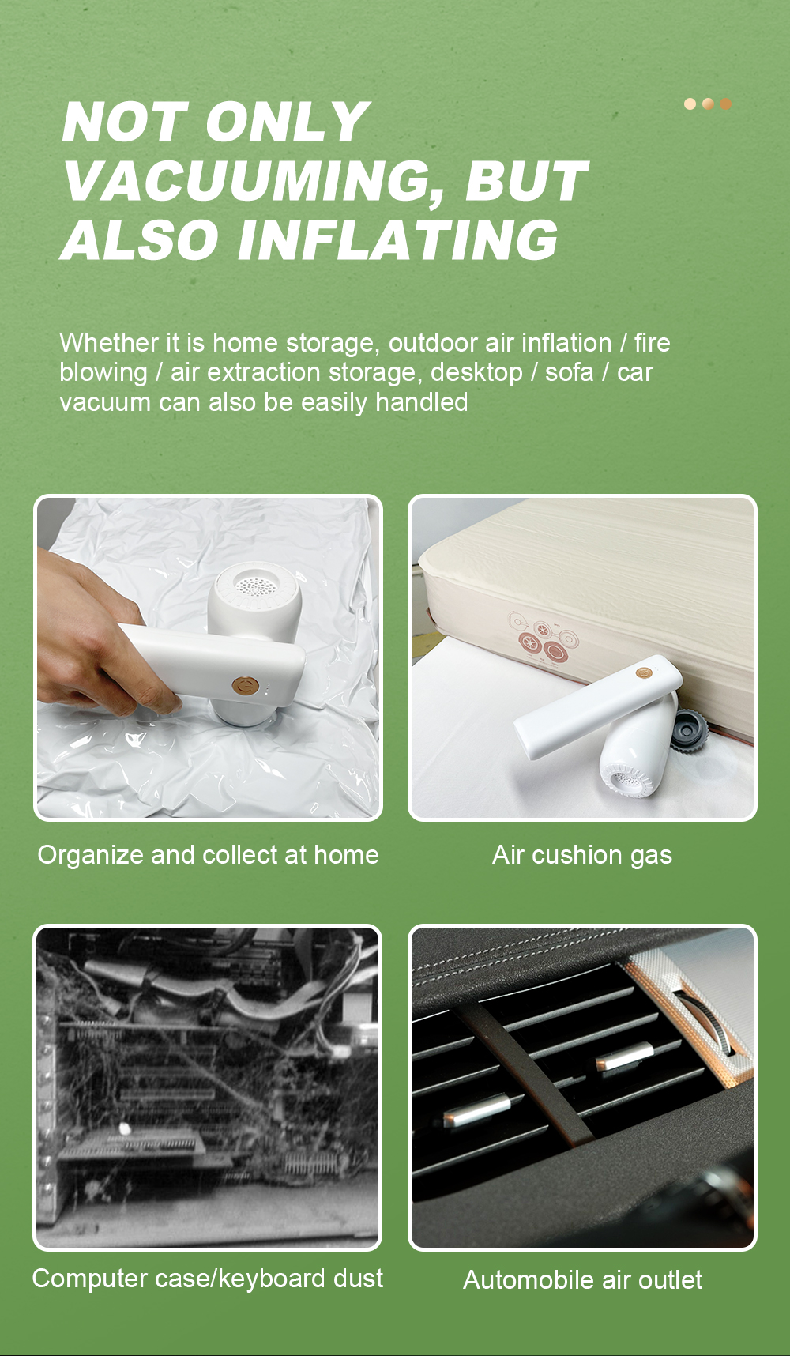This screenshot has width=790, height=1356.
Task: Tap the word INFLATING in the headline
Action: [x=399, y=240]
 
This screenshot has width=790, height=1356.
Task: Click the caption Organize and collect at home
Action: [x=209, y=856]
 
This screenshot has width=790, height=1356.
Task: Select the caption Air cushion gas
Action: [x=582, y=856]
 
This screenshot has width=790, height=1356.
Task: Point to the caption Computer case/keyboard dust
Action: [x=208, y=1279]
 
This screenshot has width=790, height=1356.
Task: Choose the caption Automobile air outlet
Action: [x=583, y=1280]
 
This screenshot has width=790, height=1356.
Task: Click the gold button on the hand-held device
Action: [x=243, y=684]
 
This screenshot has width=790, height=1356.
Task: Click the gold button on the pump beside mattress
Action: [x=644, y=672]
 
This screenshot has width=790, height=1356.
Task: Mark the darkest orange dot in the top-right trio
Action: [x=725, y=104]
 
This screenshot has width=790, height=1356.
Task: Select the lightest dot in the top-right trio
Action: [x=690, y=104]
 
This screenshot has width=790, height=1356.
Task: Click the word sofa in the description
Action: [x=569, y=372]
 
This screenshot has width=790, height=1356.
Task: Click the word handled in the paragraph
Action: [x=422, y=402]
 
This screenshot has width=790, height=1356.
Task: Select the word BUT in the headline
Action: [x=526, y=182]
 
